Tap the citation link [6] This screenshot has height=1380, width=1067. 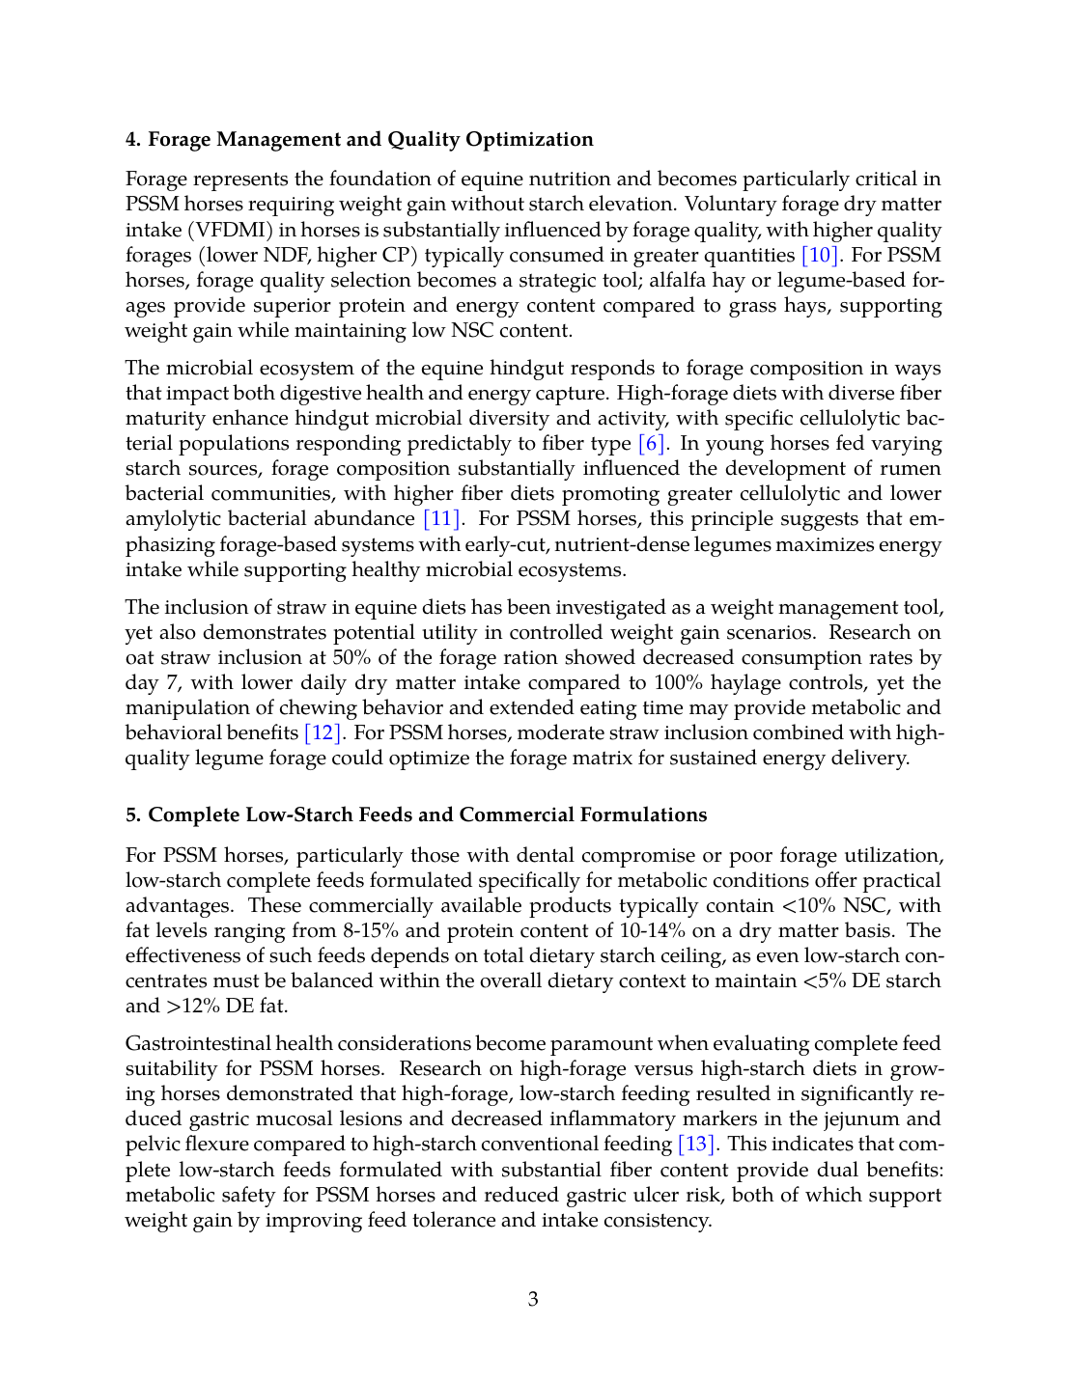pos(652,443)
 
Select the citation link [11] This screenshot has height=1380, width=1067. pos(442,518)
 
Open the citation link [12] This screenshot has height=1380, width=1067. pos(323,732)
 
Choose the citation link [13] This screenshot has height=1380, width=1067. pos(697,1144)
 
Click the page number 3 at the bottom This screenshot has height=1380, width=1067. pos(533,1299)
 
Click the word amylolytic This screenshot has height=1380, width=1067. pos(174,518)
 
